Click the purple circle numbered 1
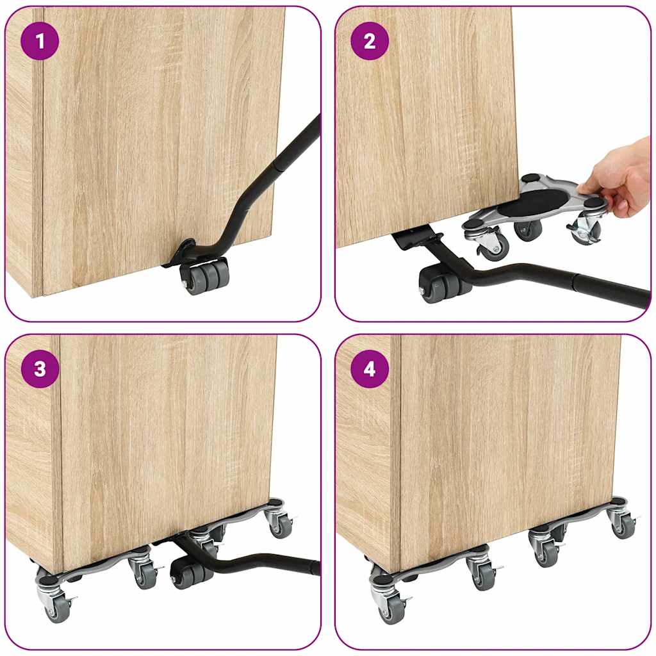(40, 42)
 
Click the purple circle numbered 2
(370, 42)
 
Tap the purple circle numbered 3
(40, 370)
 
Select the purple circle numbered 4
(370, 370)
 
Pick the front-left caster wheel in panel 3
(57, 607)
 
